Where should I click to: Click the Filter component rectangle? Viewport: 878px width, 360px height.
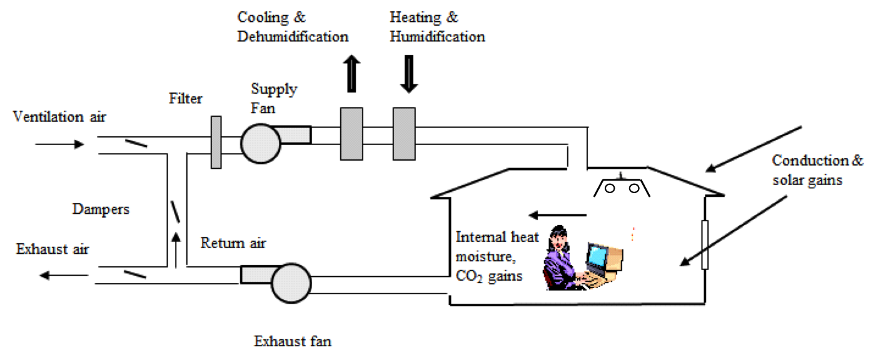[216, 142]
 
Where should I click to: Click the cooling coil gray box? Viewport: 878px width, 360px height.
[351, 133]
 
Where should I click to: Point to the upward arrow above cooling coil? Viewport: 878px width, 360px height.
[351, 73]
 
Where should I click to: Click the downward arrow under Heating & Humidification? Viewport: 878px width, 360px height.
[408, 74]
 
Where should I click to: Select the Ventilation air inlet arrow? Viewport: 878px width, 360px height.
[59, 144]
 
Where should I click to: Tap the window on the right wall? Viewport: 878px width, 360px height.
[705, 244]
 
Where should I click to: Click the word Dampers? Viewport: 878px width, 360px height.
[101, 209]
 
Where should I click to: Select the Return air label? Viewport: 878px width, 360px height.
[233, 242]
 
